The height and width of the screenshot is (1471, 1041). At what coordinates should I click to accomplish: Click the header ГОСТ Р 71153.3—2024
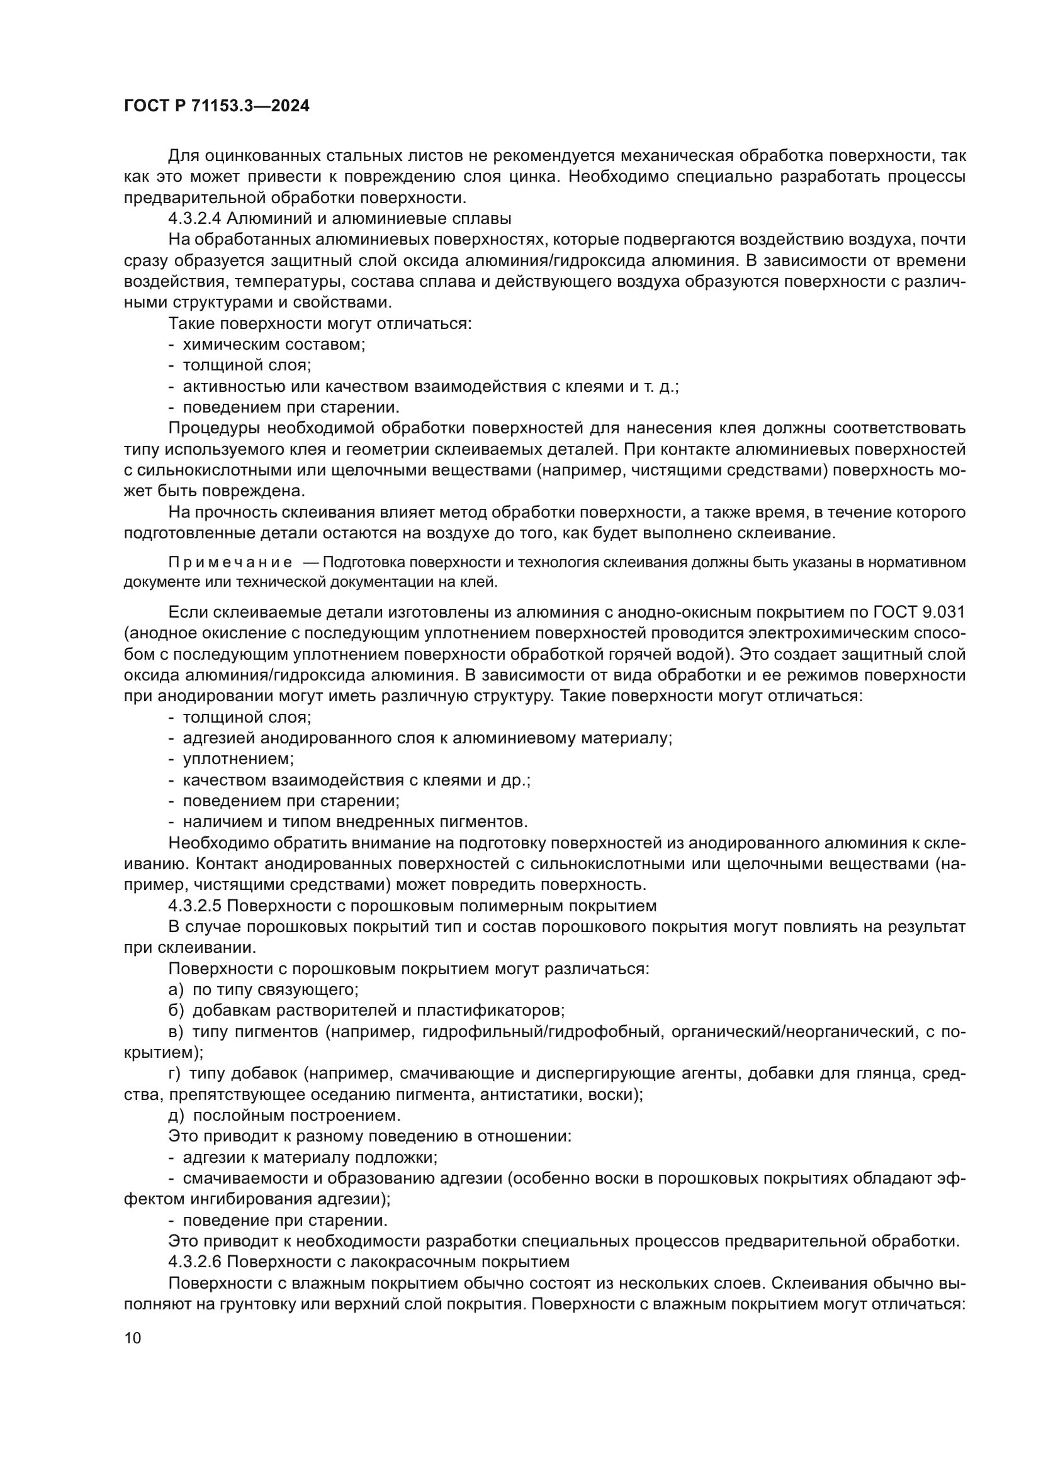(x=216, y=106)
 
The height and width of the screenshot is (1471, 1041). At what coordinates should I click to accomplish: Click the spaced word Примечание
(x=230, y=563)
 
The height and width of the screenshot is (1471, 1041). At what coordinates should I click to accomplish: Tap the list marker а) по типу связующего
(x=176, y=990)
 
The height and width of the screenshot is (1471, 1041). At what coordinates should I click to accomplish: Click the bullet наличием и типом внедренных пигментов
(x=354, y=822)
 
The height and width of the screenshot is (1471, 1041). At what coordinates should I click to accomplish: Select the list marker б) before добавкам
(x=176, y=1011)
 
